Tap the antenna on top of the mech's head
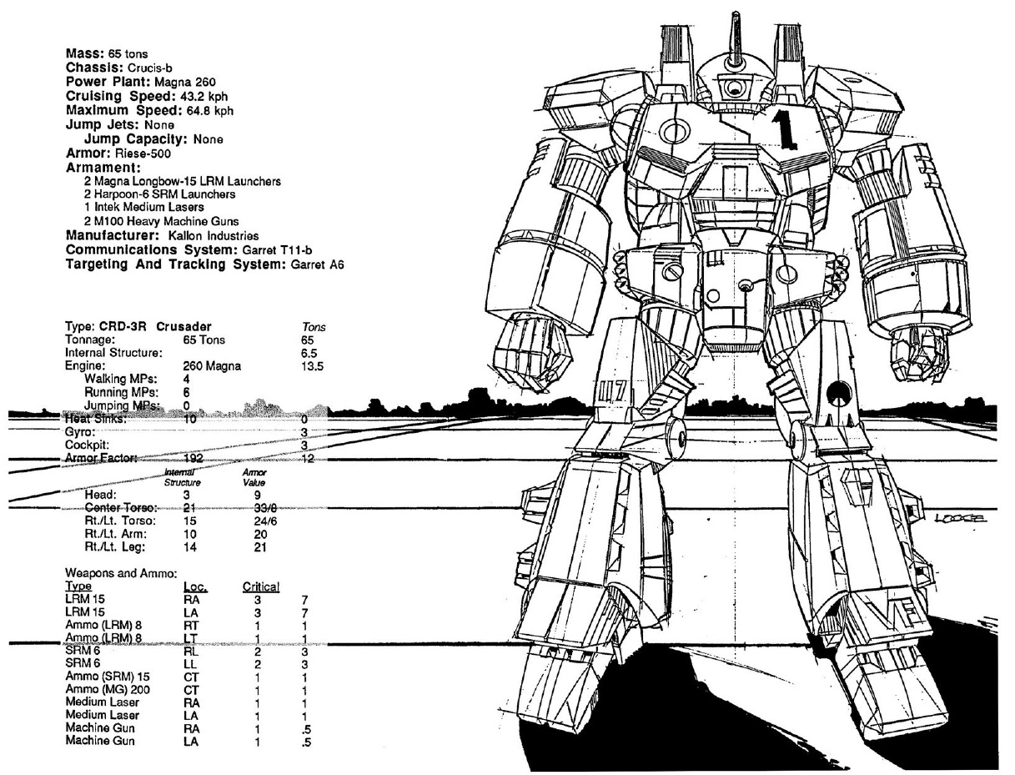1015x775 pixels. click(736, 38)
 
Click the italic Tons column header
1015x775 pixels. click(314, 328)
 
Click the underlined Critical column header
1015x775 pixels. click(260, 588)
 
